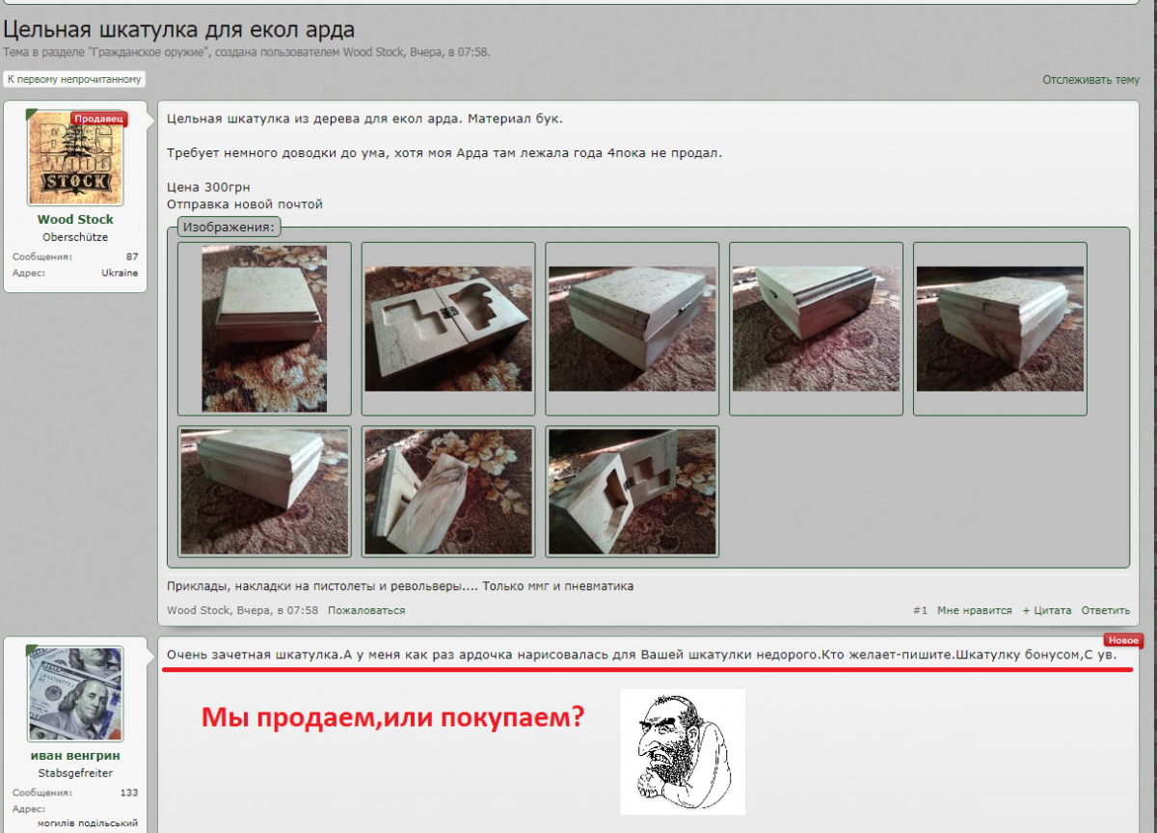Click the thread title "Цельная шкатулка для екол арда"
[178, 29]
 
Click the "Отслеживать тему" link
[1090, 80]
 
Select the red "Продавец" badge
[99, 119]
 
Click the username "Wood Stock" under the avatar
[75, 220]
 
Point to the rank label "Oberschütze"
[75, 237]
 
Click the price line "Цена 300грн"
[208, 187]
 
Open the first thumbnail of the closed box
[264, 329]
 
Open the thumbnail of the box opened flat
[448, 329]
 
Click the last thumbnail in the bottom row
[632, 492]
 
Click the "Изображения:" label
[229, 228]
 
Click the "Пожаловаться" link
[366, 610]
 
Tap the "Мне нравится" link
[974, 610]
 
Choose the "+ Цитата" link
[1046, 610]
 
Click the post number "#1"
[920, 610]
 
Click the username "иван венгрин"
[75, 756]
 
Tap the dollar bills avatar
[75, 694]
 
